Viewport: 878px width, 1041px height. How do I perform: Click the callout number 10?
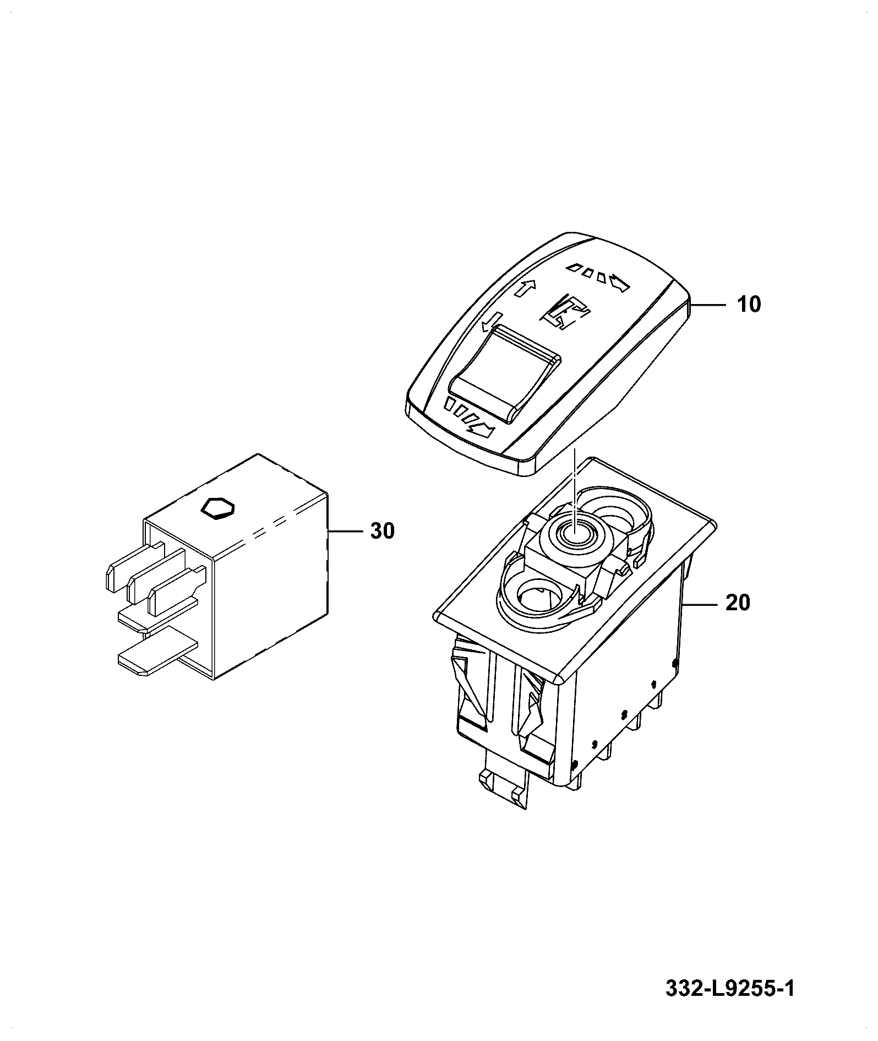(748, 304)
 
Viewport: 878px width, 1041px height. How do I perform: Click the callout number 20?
(738, 603)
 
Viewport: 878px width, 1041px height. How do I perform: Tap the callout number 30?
(382, 531)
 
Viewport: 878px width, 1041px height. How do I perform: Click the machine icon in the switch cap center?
(566, 313)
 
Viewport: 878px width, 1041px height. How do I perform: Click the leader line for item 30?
(345, 531)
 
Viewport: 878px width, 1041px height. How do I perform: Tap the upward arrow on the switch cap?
(526, 288)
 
